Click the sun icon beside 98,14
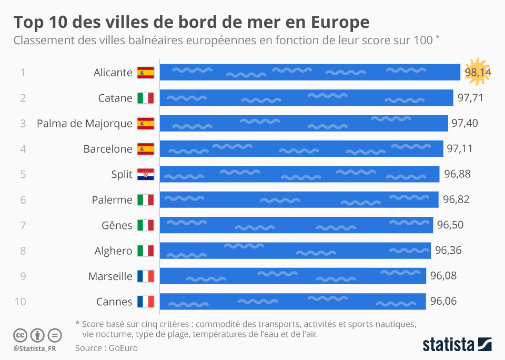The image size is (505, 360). (477, 71)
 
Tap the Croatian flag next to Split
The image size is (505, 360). (145, 174)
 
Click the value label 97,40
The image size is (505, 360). (464, 123)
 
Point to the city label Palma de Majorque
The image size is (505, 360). (85, 123)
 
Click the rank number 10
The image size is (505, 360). (20, 302)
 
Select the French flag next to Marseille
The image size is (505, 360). (145, 276)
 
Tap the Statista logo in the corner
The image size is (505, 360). (457, 345)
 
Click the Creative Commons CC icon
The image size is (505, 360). (20, 335)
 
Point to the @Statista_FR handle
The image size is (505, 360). (35, 348)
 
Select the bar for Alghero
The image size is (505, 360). (295, 251)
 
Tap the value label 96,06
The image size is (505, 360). (443, 302)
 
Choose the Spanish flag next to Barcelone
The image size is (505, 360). (145, 149)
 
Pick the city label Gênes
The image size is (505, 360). (117, 225)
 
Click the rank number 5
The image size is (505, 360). (23, 174)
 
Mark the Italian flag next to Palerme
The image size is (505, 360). (145, 200)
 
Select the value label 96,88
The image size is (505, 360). (457, 174)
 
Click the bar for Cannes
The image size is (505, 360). (292, 302)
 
